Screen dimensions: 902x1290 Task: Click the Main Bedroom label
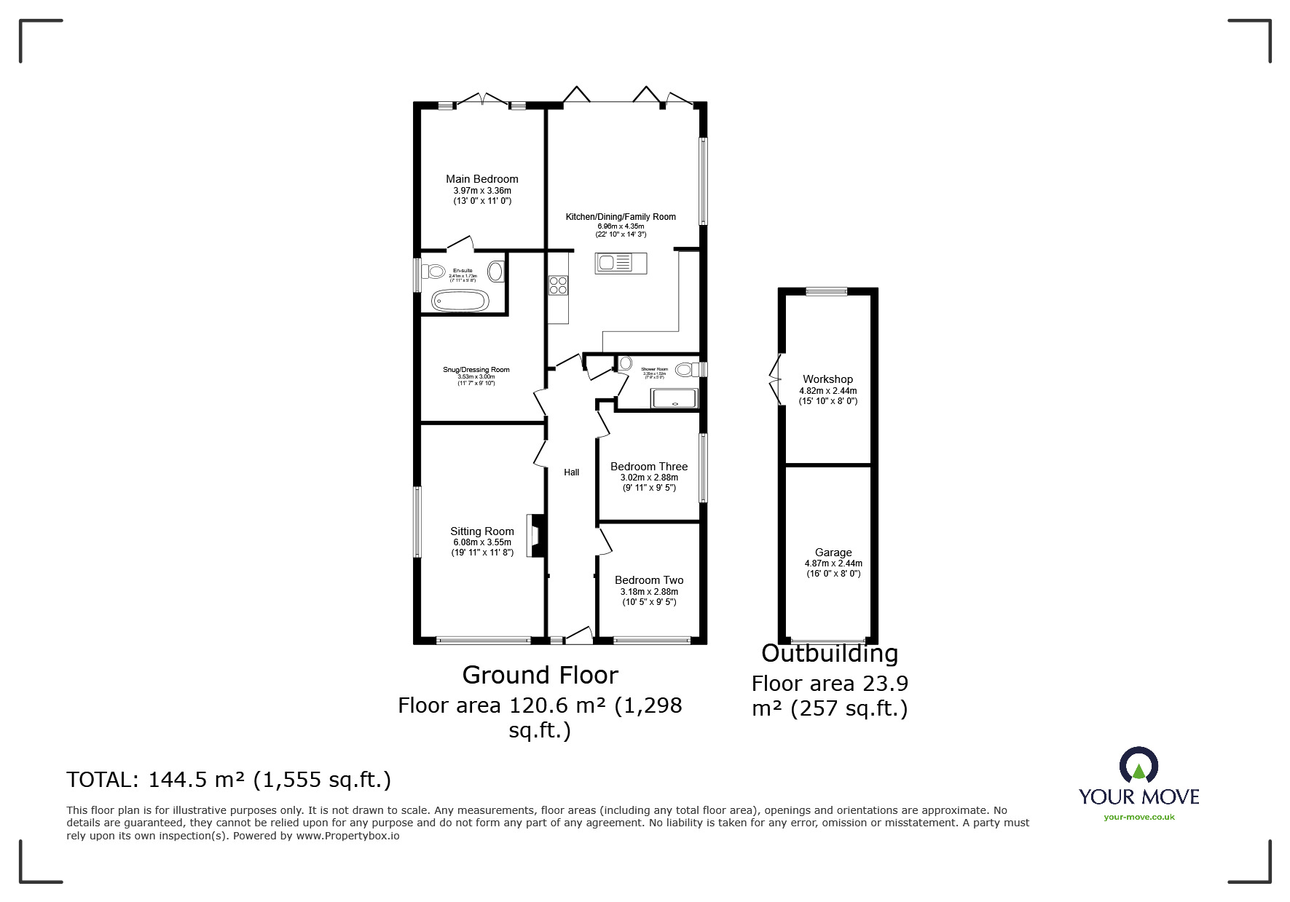point(481,179)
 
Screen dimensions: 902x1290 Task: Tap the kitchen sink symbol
point(621,263)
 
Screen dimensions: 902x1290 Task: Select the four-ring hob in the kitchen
point(558,285)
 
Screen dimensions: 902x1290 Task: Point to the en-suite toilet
point(433,272)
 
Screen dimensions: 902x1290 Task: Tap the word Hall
point(571,472)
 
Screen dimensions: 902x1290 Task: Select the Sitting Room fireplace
point(537,536)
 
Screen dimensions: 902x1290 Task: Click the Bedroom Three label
point(648,467)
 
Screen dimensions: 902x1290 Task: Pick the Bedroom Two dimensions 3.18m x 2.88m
point(648,592)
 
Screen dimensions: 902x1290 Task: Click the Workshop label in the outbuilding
point(827,379)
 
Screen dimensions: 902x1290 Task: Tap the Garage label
point(833,553)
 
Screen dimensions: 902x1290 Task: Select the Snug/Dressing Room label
point(476,370)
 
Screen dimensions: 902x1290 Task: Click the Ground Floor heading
point(540,676)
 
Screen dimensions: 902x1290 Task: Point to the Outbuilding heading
point(830,654)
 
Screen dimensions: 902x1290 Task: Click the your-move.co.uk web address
point(1138,817)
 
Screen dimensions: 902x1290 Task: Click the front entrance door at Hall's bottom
point(579,636)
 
